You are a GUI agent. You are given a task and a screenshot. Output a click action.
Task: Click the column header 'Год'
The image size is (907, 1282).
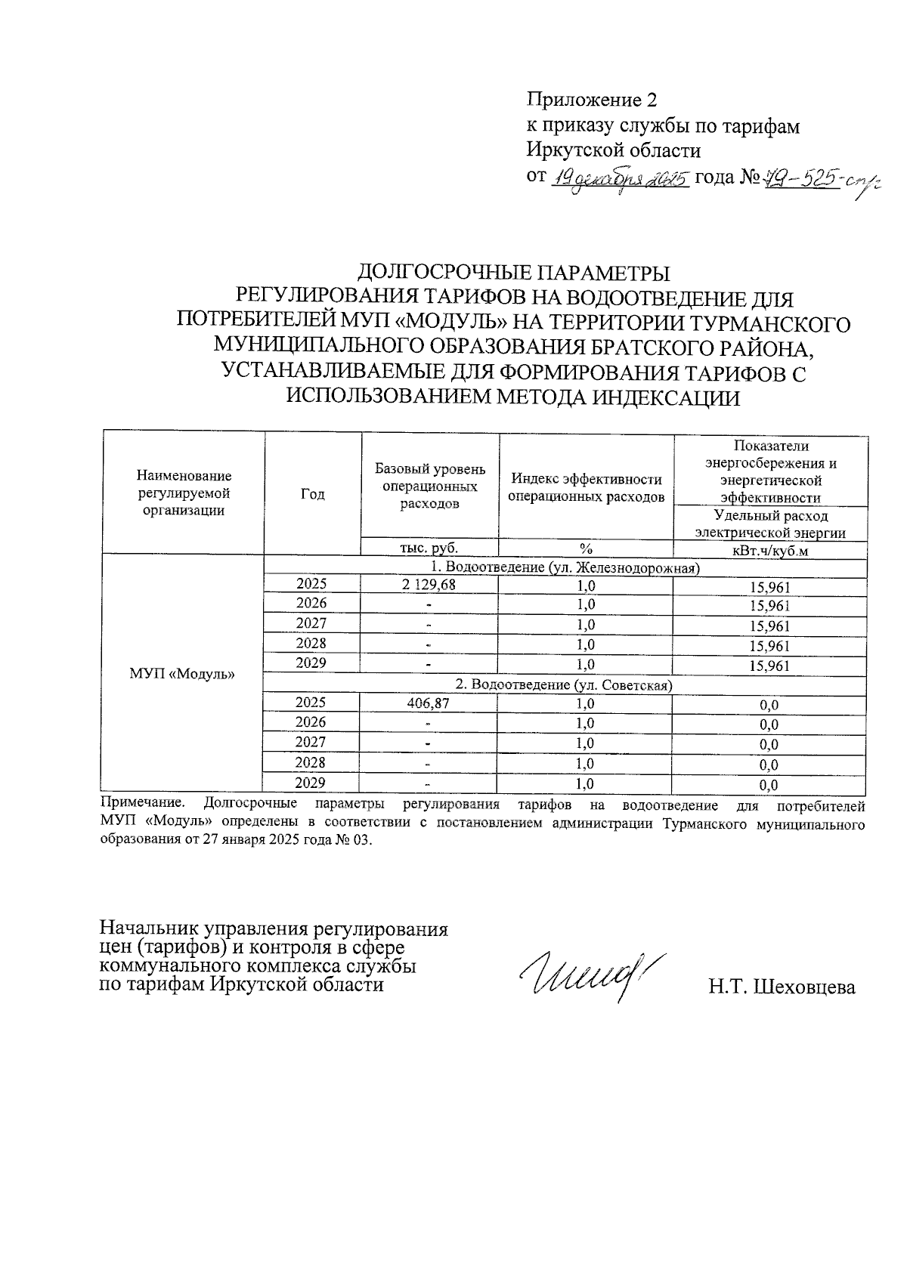tap(312, 493)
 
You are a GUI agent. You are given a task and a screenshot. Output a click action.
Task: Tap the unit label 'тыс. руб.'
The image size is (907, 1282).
tap(429, 548)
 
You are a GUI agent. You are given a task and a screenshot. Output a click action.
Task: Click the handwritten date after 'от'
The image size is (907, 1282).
tap(619, 180)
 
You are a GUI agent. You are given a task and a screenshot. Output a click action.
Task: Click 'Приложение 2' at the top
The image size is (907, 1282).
tap(592, 100)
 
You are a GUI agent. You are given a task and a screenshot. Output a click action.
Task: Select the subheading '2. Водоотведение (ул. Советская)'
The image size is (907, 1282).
tap(563, 684)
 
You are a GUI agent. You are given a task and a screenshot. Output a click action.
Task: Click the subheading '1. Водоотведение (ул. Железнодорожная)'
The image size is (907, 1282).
tap(563, 567)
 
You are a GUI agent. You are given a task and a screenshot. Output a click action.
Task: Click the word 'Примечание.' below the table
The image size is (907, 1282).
tap(143, 805)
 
